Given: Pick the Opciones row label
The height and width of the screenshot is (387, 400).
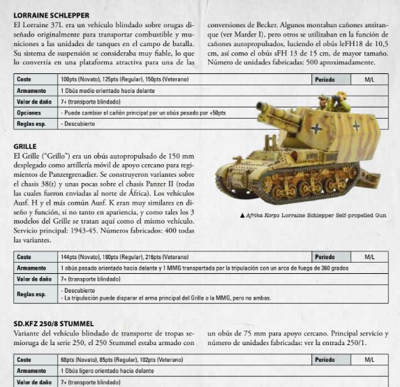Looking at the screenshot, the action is click(29, 112).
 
